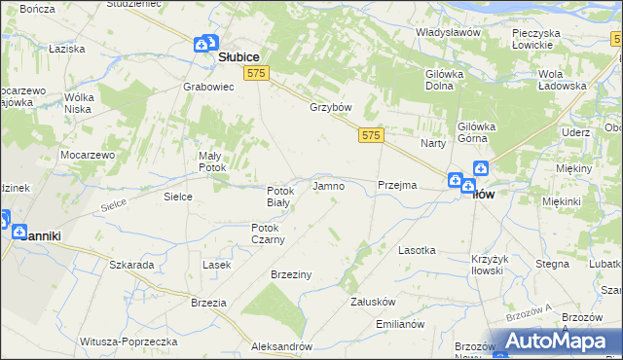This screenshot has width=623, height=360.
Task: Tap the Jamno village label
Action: (326, 185)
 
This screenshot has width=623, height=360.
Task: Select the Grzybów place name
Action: (329, 107)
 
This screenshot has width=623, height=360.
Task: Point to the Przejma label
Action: (396, 185)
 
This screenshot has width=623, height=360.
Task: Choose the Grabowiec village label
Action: (206, 86)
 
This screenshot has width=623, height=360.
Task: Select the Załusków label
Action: (371, 302)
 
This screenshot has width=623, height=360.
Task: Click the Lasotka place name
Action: (417, 250)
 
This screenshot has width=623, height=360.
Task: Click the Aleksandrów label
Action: (280, 346)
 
